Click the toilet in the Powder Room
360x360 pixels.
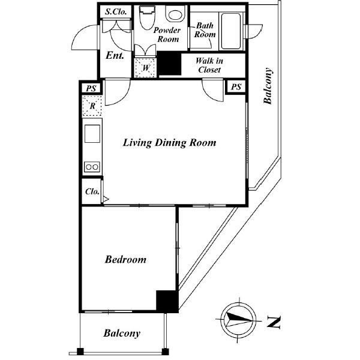147,18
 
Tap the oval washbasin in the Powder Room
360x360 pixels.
175,14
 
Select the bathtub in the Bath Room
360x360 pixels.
231,31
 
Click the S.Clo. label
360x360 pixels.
116,12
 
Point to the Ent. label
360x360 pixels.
115,55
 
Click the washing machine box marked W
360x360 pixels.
145,68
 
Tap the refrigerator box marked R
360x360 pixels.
92,106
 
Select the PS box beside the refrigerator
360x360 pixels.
91,88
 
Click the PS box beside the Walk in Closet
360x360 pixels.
236,87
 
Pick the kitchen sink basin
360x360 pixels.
92,134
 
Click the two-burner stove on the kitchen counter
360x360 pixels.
92,167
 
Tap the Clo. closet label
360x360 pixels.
92,191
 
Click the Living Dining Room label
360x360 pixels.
169,143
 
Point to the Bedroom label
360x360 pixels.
125,260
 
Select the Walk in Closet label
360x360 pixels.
209,65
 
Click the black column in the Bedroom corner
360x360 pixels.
167,301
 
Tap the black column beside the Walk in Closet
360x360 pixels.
169,63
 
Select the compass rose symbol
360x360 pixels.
239,320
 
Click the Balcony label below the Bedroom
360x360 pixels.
122,334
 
